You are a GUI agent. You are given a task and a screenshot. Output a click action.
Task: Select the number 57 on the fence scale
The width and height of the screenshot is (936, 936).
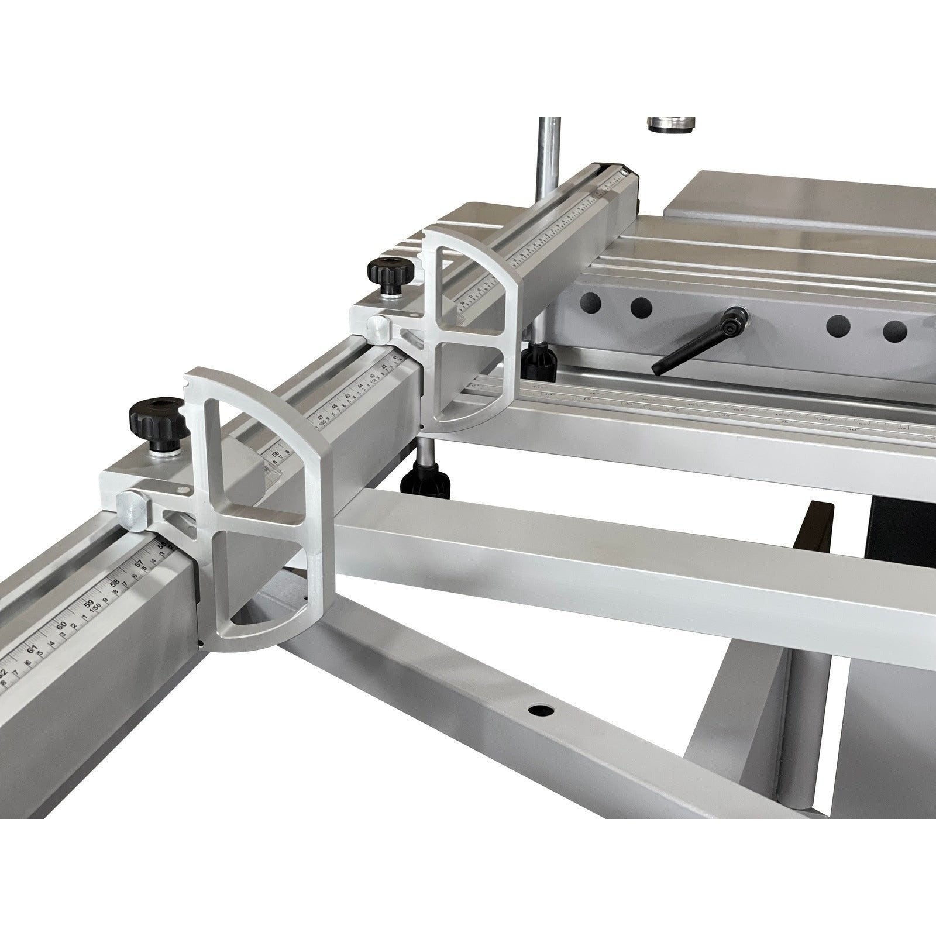[x=139, y=565]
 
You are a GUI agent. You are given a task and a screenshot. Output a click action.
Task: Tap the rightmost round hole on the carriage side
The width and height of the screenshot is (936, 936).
[x=892, y=331]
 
